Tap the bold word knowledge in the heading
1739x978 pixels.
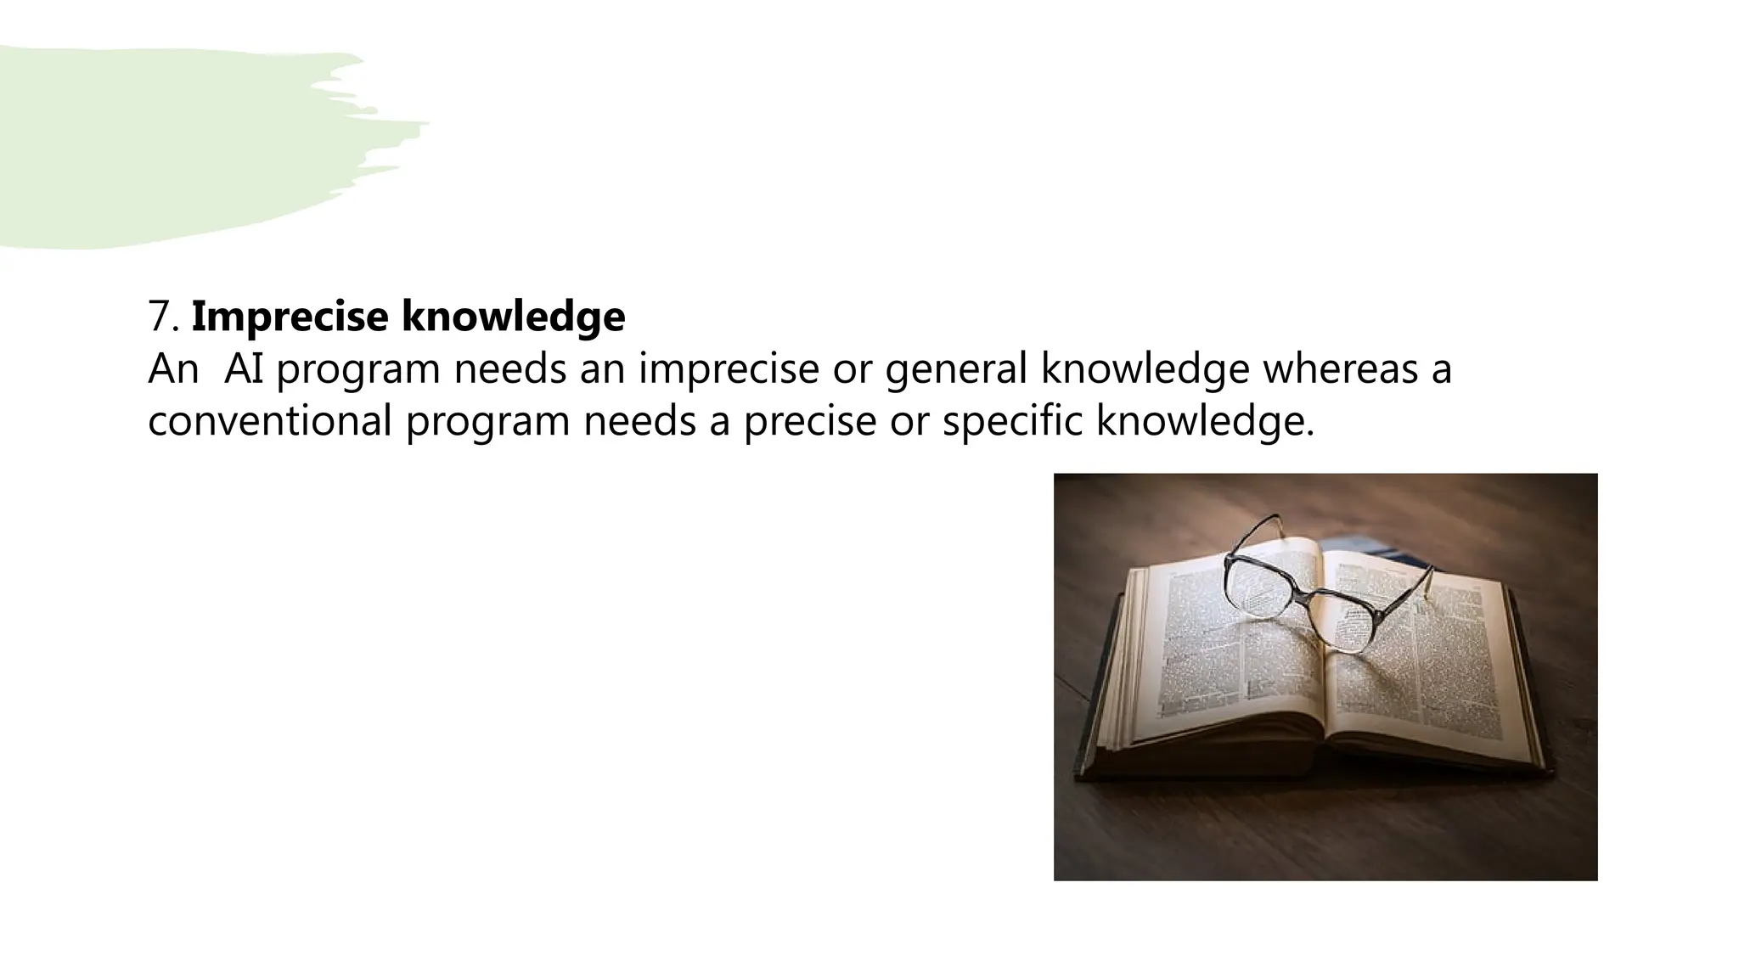(513, 316)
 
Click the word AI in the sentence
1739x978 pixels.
(244, 368)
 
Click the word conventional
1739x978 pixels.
(269, 421)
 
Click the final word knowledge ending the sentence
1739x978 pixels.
(1204, 422)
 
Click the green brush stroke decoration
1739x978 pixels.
(170, 144)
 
